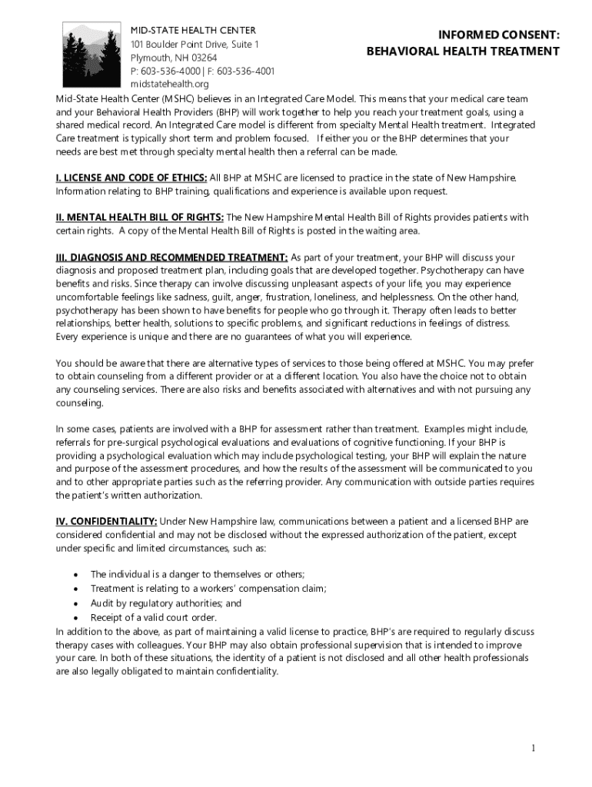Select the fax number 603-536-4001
tap(246, 71)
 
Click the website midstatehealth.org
tap(169, 84)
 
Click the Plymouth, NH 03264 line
tap(173, 58)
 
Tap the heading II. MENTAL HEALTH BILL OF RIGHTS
tap(140, 218)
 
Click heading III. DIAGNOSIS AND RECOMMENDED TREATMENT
tap(172, 257)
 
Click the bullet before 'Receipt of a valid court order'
tap(75, 618)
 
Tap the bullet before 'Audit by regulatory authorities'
tap(75, 603)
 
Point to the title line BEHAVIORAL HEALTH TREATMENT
tap(463, 51)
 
